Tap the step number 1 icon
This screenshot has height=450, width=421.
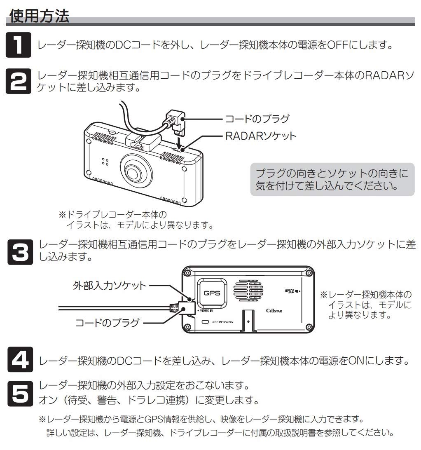click(19, 45)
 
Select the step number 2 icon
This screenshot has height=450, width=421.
click(19, 81)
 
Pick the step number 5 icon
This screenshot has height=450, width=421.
click(19, 393)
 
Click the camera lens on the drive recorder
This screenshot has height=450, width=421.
click(134, 170)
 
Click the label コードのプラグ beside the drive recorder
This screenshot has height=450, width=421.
click(256, 119)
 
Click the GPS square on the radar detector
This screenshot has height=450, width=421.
click(213, 293)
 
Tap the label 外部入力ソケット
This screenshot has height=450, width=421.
click(110, 285)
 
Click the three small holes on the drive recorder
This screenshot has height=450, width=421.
click(105, 162)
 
